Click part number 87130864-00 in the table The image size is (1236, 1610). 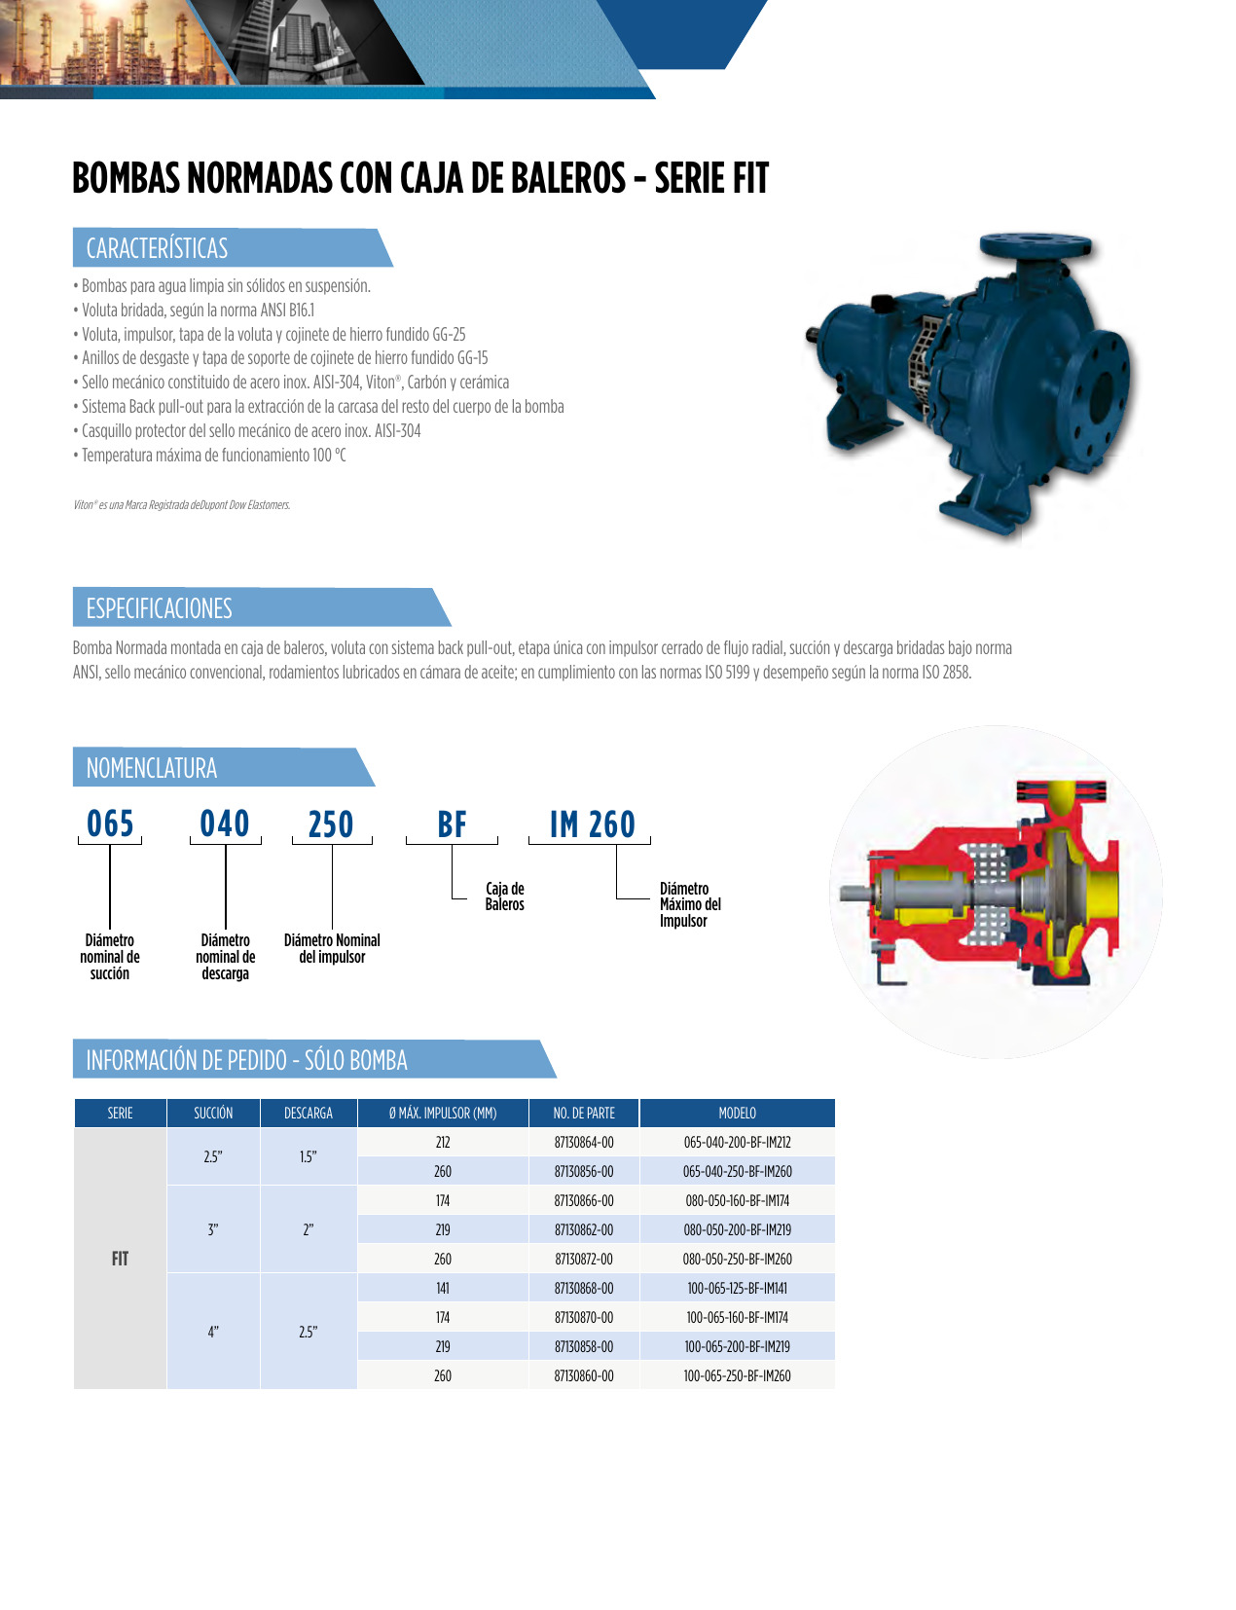pyautogui.click(x=584, y=1142)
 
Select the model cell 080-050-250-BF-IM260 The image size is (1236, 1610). pyautogui.click(x=737, y=1259)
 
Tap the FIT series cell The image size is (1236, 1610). pyautogui.click(x=120, y=1259)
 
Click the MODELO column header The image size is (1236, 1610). pyautogui.click(x=737, y=1113)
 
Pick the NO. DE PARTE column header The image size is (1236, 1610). pyautogui.click(x=584, y=1113)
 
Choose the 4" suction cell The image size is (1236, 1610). pyautogui.click(x=213, y=1332)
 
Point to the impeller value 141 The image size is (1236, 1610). pyautogui.click(x=443, y=1288)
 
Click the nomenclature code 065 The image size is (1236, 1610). pyautogui.click(x=110, y=823)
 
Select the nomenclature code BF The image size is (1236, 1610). pyautogui.click(x=452, y=824)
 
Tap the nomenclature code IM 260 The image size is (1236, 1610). pyautogui.click(x=592, y=824)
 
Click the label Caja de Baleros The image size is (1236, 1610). pyautogui.click(x=504, y=896)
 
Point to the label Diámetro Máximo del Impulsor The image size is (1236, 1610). pyautogui.click(x=690, y=904)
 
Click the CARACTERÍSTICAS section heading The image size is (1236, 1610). pyautogui.click(x=158, y=248)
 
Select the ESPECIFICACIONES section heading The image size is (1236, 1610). pyautogui.click(x=160, y=608)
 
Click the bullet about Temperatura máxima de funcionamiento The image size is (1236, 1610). pyautogui.click(x=213, y=455)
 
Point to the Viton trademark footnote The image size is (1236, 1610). pyautogui.click(x=182, y=505)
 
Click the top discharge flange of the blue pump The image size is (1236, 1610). pyautogui.click(x=1034, y=243)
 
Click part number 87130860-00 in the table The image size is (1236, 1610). pyautogui.click(x=584, y=1375)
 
